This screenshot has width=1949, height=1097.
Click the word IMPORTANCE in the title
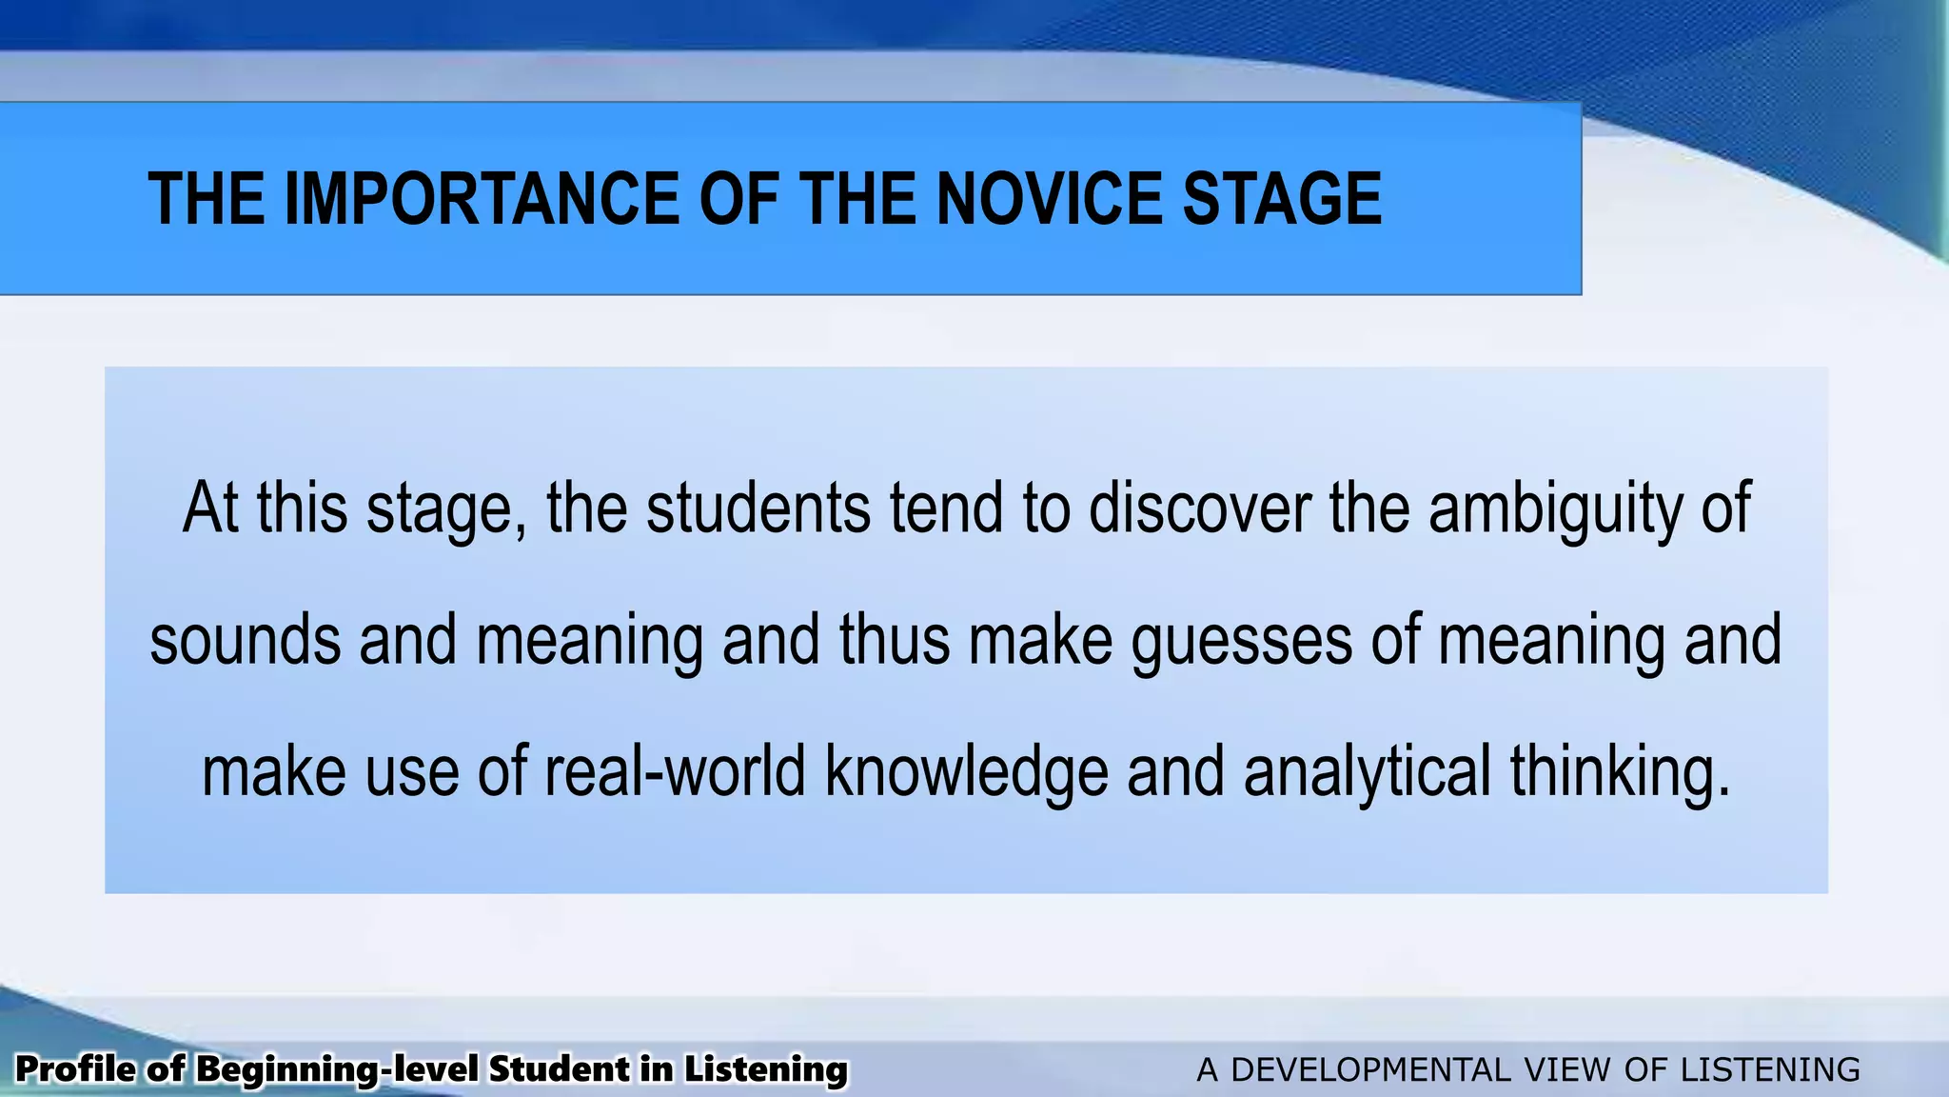pyautogui.click(x=482, y=199)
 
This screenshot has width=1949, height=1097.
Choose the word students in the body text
pyautogui.click(x=758, y=508)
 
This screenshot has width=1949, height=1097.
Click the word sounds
pyautogui.click(x=246, y=639)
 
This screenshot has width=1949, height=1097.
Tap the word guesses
pyautogui.click(x=1241, y=641)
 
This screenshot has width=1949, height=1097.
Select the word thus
pyautogui.click(x=895, y=639)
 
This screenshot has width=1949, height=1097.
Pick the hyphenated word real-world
pyautogui.click(x=675, y=770)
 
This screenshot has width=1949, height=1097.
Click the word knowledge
pyautogui.click(x=966, y=772)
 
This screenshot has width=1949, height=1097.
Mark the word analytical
pyautogui.click(x=1367, y=772)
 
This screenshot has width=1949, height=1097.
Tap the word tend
pyautogui.click(x=946, y=508)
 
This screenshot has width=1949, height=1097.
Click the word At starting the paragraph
pyautogui.click(x=209, y=508)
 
